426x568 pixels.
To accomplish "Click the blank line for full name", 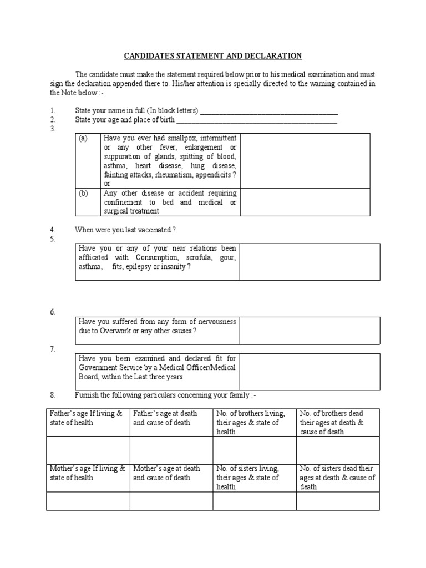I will coord(268,111).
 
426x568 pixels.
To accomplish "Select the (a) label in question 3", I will coord(83,138).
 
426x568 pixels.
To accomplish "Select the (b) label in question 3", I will coord(83,193).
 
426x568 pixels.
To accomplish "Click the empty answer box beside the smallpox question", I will coord(305,160).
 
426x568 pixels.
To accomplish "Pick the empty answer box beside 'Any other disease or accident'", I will coord(305,202).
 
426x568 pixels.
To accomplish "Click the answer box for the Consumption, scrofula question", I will coord(310,262).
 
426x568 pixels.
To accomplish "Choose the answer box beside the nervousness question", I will coord(310,331).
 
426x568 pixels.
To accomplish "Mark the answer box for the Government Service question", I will coord(310,371).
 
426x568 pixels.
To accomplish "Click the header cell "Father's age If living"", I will coord(88,418).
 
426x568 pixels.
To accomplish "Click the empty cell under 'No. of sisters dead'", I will coord(338,501).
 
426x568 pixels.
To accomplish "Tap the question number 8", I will coord(53,395).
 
